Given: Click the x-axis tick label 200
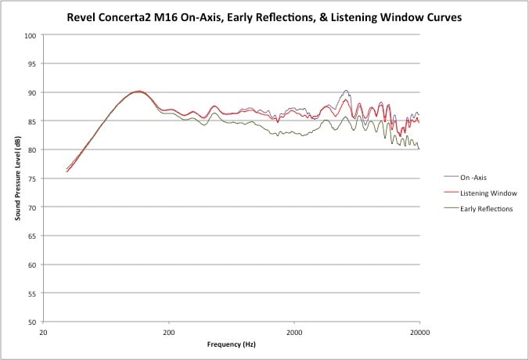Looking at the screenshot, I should click(169, 331).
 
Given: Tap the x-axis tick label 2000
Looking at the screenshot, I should click(294, 331).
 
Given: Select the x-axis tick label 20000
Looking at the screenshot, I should click(419, 331).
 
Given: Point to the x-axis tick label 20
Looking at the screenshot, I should click(44, 331).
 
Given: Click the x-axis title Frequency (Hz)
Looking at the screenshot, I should click(232, 344).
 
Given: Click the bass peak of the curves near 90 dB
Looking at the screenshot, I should click(138, 92).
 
